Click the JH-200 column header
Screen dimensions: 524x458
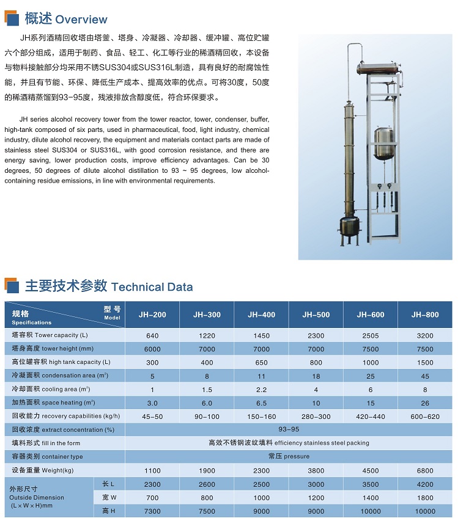[x=152, y=315]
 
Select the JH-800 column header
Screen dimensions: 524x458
[x=425, y=315]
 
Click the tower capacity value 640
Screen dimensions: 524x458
[x=152, y=335]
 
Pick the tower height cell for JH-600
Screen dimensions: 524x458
[x=371, y=349]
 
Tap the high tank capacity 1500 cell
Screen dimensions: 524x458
[x=425, y=363]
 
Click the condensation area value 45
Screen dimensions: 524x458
[x=425, y=376]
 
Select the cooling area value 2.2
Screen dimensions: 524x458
[x=261, y=390]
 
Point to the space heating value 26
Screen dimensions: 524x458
[x=425, y=403]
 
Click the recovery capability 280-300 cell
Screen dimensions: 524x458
[x=316, y=417]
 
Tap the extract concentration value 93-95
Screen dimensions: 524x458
[x=289, y=430]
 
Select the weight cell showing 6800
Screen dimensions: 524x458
[x=425, y=471]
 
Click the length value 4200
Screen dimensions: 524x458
[x=425, y=484]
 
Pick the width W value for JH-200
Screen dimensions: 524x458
[x=152, y=498]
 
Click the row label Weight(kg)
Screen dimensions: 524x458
[x=43, y=471]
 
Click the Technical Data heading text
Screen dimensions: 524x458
[x=152, y=287]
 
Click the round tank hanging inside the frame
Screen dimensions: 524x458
[x=384, y=142]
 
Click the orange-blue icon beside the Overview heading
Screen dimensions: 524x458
[x=12, y=19]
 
